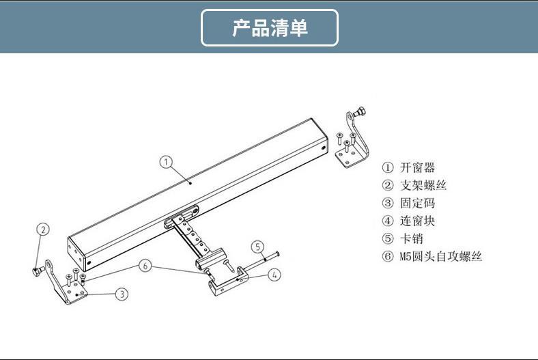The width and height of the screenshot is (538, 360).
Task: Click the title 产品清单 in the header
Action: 270,28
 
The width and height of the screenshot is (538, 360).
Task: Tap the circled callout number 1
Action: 166,162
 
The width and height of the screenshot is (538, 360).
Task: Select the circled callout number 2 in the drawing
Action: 42,230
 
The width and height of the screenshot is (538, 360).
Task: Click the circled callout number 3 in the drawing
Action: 121,294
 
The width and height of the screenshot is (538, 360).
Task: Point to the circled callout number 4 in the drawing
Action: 273,275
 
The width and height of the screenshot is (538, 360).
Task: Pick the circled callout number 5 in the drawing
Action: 257,247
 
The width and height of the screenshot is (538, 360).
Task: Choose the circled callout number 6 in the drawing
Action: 145,266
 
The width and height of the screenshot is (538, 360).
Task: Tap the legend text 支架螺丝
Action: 423,185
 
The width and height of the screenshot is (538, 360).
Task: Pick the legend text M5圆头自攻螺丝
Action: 440,257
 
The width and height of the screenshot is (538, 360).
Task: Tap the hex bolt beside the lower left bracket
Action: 36,271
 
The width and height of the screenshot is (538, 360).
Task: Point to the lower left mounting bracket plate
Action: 68,287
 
